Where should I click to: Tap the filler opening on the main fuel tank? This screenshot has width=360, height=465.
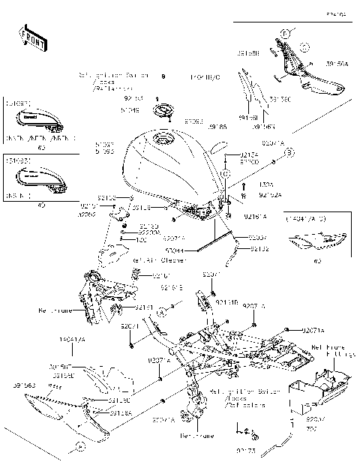(163, 140)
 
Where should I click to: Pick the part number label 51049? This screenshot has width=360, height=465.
(130, 109)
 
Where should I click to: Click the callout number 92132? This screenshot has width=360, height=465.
(259, 248)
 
